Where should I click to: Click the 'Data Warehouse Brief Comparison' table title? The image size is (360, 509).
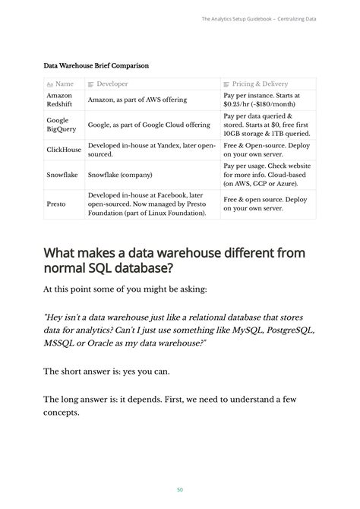point(96,66)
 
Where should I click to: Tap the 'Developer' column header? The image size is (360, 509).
point(112,84)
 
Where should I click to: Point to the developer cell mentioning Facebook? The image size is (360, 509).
point(148,204)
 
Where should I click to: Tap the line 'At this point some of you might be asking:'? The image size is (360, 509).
point(125,289)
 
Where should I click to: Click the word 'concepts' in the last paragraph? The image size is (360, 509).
point(62,413)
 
